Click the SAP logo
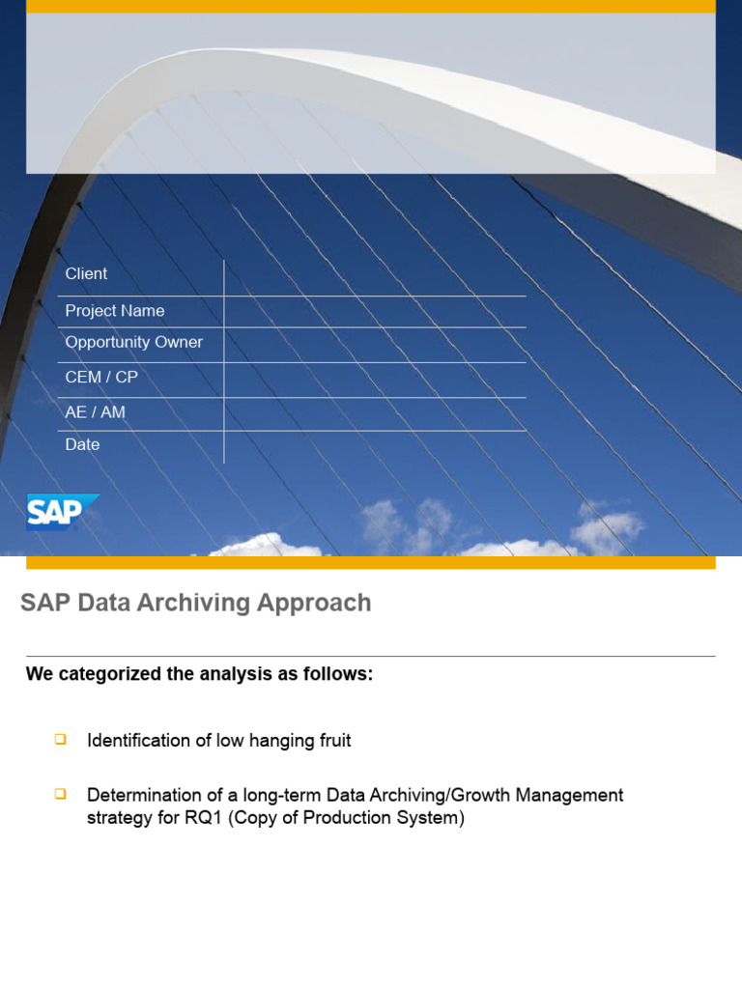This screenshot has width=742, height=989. (62, 512)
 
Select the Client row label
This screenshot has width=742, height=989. (86, 274)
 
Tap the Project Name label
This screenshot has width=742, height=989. (114, 311)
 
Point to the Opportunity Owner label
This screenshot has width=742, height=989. (133, 343)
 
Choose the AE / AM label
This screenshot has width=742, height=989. (95, 412)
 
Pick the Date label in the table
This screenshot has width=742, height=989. (82, 445)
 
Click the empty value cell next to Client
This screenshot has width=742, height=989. (375, 276)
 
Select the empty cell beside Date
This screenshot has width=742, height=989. (375, 447)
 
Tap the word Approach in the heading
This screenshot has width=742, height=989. (314, 603)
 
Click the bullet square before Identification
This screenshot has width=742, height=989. (60, 740)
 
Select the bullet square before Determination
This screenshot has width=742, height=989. (60, 794)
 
